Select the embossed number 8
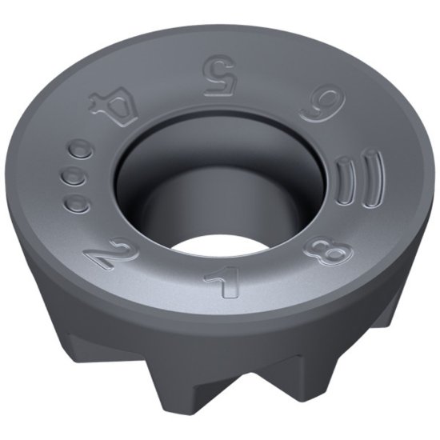[329, 252]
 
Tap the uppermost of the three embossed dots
[80, 150]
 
